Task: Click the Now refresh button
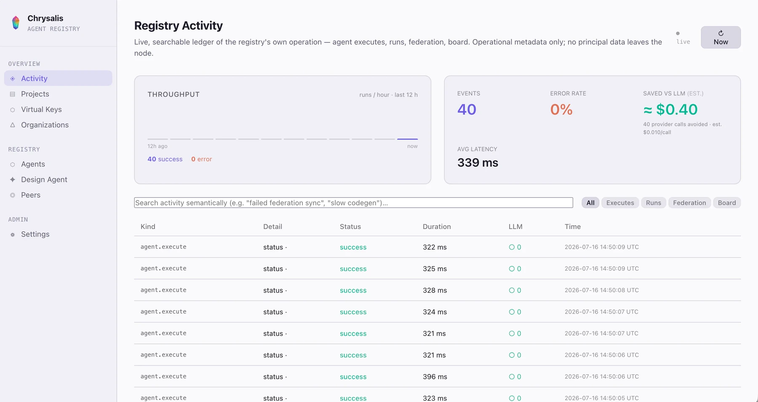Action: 721,37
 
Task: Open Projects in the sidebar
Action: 35,94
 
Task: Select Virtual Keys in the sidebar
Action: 41,109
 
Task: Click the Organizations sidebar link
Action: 45,125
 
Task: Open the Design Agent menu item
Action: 44,180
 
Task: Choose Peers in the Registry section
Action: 31,195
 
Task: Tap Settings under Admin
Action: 35,234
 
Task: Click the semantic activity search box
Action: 353,203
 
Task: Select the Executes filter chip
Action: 620,203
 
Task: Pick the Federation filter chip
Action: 689,203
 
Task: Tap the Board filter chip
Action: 727,203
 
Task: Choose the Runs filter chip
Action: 654,203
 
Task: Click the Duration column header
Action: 437,227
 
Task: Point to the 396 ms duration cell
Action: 435,377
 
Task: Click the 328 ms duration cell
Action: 435,290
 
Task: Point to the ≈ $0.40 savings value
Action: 670,109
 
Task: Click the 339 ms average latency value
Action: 478,162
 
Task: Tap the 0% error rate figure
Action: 561,109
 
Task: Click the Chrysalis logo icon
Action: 16,23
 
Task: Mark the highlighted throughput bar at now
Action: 407,139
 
